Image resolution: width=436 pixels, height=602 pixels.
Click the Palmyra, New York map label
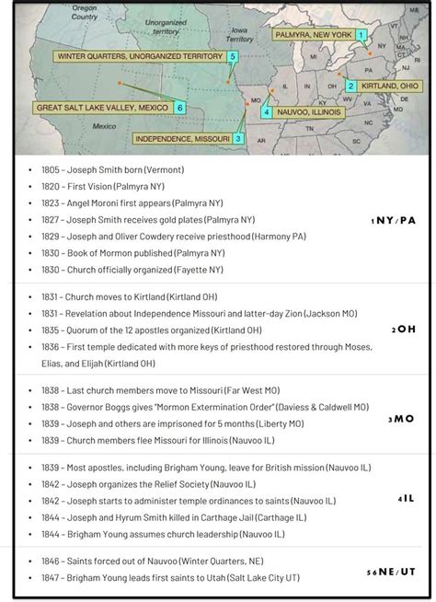312,34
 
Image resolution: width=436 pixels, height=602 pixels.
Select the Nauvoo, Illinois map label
308,112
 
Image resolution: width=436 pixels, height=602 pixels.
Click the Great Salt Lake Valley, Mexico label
102,108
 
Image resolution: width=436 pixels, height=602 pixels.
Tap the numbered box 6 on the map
179,108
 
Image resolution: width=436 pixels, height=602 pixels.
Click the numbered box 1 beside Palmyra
361,34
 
